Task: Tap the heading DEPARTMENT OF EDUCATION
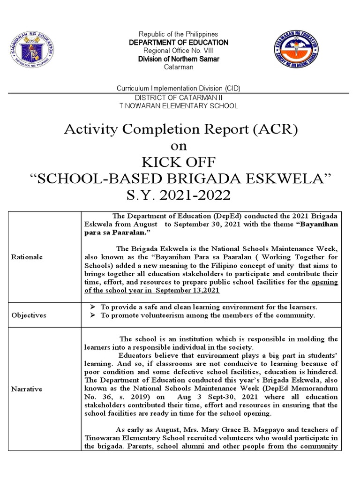179,43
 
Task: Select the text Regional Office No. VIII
179,51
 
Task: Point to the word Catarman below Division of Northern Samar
179,67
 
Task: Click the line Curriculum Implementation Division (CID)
179,89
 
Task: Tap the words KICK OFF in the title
180,162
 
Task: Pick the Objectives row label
29,315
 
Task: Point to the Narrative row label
27,389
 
